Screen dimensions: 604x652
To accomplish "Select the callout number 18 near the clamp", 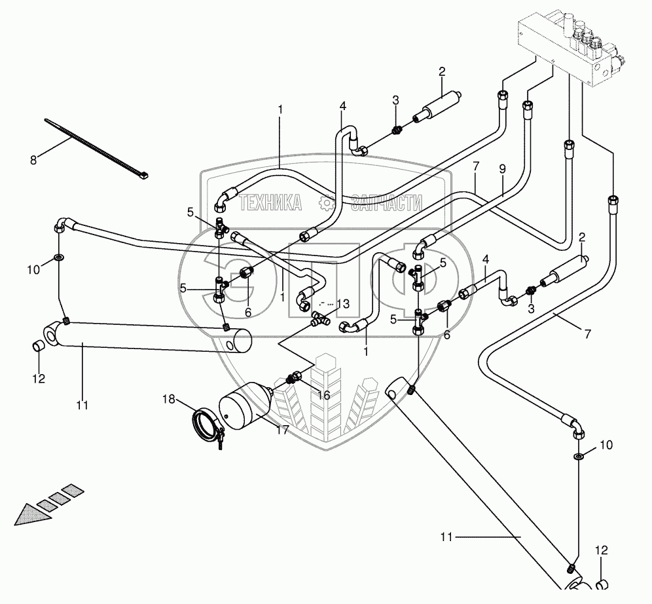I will [168, 399].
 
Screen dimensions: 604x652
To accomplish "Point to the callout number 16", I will [324, 395].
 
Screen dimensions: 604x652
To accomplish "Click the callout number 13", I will [343, 303].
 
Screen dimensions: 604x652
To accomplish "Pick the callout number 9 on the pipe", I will [502, 168].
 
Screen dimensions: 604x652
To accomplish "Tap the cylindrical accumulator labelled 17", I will [244, 405].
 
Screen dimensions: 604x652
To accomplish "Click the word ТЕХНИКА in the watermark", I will [270, 204].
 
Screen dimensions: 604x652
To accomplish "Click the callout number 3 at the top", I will [395, 100].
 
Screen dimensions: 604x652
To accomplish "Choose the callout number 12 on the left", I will [39, 378].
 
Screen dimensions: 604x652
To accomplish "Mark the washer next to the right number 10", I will [579, 456].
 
